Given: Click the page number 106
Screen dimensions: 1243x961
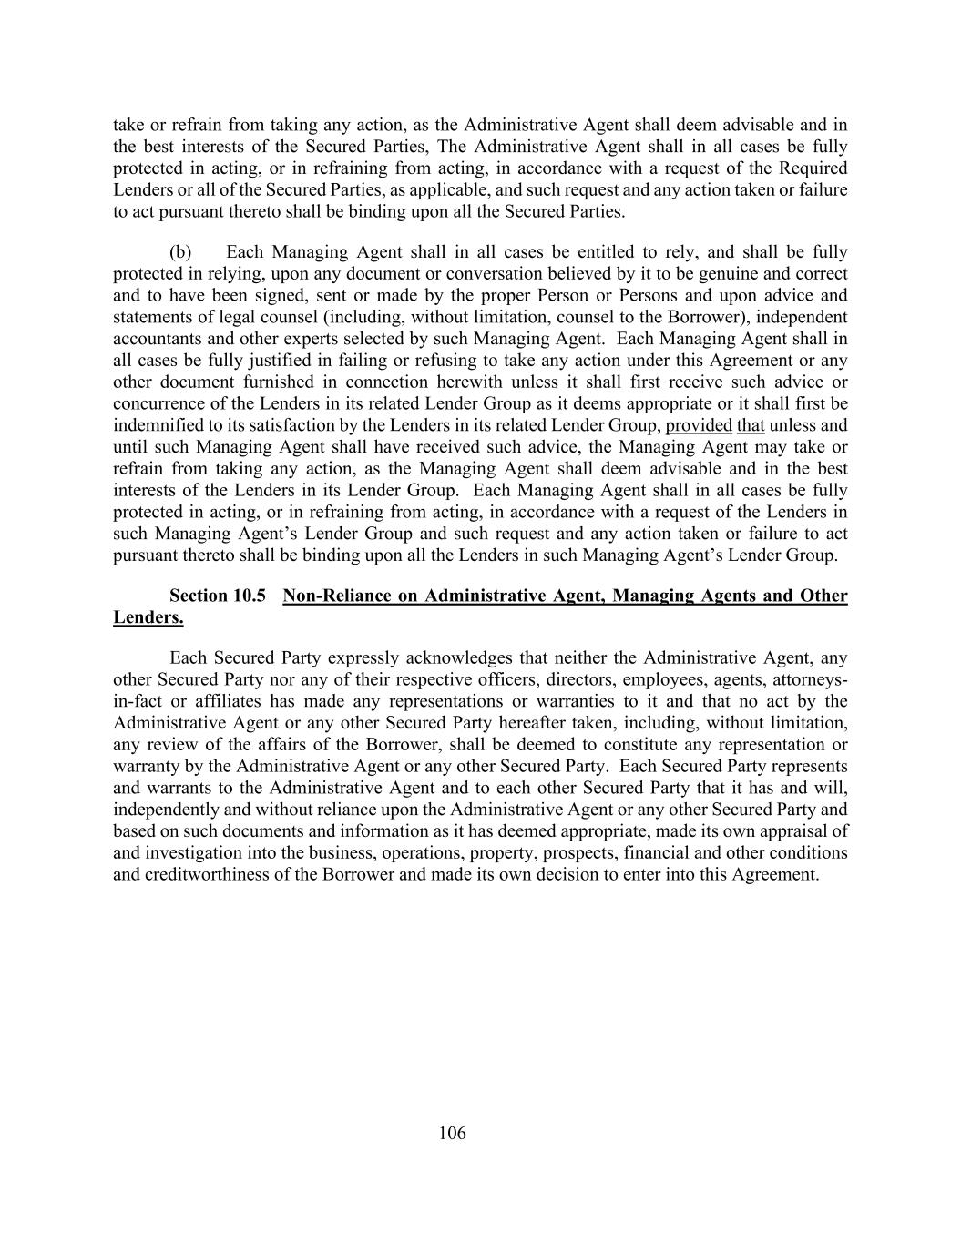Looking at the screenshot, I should pos(452,1133).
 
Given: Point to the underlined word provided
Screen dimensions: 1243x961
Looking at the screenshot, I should pos(699,425).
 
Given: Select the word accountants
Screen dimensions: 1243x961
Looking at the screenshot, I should pos(154,339).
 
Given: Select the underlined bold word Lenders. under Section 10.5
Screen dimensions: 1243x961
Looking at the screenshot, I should pos(148,617).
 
